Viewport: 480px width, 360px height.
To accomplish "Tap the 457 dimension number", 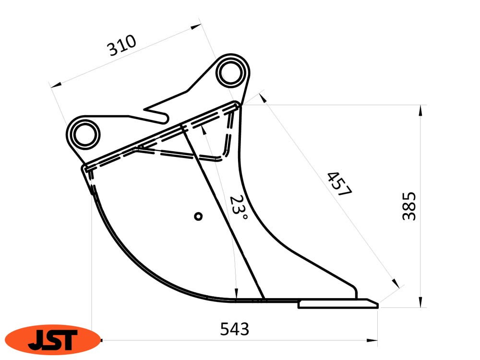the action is click(340, 184).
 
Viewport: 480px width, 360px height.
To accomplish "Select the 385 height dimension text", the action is click(409, 206).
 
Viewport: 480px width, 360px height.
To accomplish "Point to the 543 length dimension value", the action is click(235, 329).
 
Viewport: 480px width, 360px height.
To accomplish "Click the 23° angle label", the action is click(239, 209).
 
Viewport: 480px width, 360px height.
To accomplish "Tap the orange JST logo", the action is click(53, 340).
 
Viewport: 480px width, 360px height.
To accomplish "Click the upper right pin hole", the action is click(231, 73).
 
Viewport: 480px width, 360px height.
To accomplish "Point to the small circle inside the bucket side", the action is click(198, 216).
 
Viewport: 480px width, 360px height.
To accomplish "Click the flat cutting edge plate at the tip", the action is click(338, 304).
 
